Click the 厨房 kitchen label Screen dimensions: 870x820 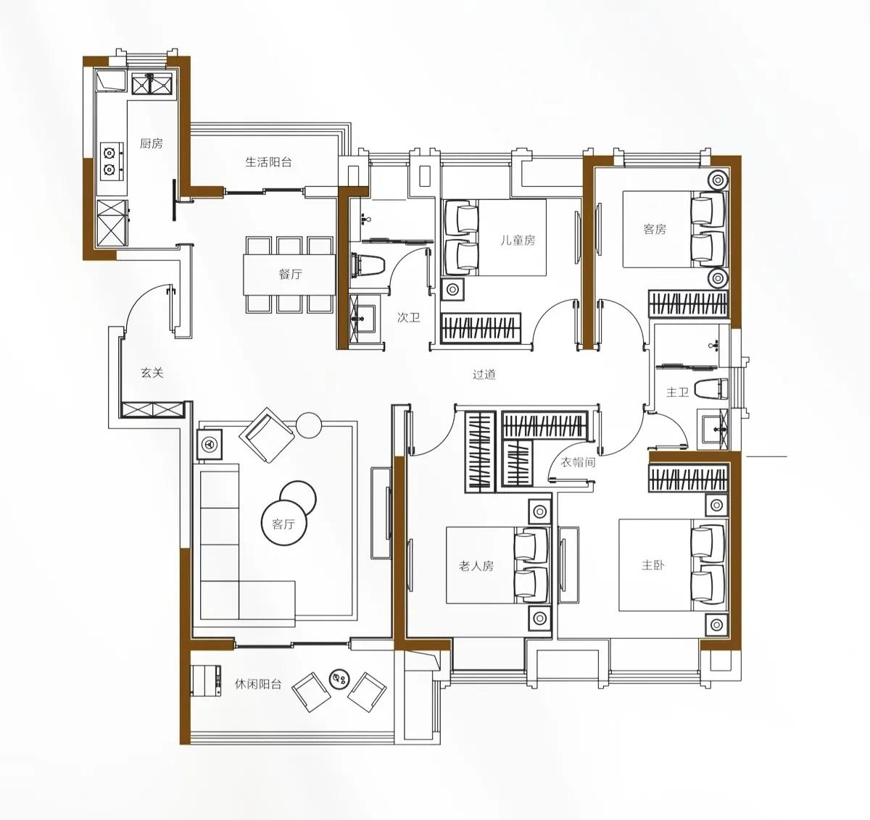[x=151, y=143]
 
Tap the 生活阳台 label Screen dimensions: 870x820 [x=268, y=162]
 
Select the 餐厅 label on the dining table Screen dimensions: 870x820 [x=291, y=274]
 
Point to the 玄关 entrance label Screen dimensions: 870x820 [x=152, y=373]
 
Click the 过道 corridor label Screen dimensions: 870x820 [x=484, y=375]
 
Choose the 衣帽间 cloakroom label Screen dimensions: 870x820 [x=579, y=462]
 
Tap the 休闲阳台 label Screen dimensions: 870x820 [x=258, y=684]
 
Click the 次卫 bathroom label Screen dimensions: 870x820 [x=409, y=317]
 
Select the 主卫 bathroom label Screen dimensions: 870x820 [x=677, y=393]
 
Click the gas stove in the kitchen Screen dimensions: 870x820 [x=112, y=161]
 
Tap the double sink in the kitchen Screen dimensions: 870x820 [x=152, y=84]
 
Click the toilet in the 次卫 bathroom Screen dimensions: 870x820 [x=368, y=266]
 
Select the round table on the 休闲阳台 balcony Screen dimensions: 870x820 [x=339, y=679]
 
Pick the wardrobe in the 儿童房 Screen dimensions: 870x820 [x=481, y=328]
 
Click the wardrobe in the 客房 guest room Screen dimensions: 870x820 [x=688, y=304]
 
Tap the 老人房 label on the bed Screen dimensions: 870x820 [x=476, y=566]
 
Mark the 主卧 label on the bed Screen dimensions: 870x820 [x=652, y=565]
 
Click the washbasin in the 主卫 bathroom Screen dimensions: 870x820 [x=713, y=430]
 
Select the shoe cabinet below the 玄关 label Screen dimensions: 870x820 [x=153, y=409]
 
